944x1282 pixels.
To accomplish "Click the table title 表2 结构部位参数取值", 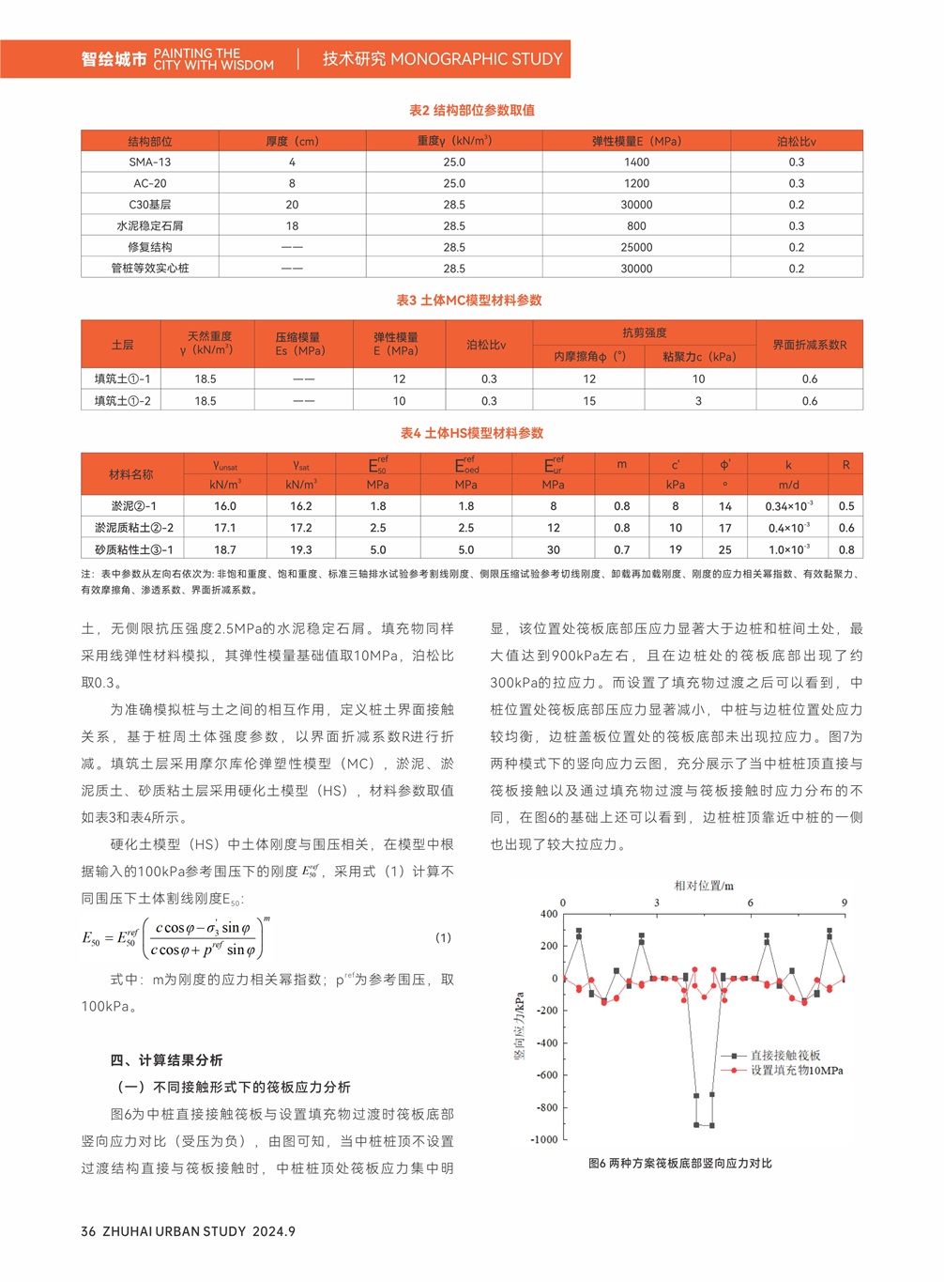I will (x=472, y=110).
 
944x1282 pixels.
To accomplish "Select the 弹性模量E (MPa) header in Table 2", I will (x=636, y=141).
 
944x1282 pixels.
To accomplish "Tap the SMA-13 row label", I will (x=150, y=162).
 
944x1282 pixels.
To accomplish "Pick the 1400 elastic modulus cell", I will (x=636, y=162).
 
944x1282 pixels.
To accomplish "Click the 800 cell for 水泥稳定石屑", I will (x=636, y=225).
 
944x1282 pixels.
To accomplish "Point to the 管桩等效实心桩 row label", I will (x=150, y=268).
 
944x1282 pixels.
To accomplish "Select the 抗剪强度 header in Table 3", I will (x=645, y=332).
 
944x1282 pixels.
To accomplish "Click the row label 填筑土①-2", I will (x=122, y=400).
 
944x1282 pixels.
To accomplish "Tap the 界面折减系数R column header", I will (x=809, y=345).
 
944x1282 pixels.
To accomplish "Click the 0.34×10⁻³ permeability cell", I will (x=788, y=506).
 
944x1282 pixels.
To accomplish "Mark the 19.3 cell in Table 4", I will (x=300, y=549).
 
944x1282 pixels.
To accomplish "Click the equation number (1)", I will (x=443, y=937).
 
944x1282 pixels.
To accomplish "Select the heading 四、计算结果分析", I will (x=167, y=1059).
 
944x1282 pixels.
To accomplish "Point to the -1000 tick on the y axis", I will (x=544, y=1139).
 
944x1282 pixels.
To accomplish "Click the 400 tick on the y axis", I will (x=549, y=914).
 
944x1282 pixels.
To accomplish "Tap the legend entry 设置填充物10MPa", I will (x=796, y=1070).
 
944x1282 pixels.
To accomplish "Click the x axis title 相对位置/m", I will (x=704, y=885).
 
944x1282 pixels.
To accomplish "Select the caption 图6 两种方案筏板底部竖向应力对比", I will (x=679, y=1163).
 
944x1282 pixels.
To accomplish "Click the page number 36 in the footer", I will (x=88, y=1230).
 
